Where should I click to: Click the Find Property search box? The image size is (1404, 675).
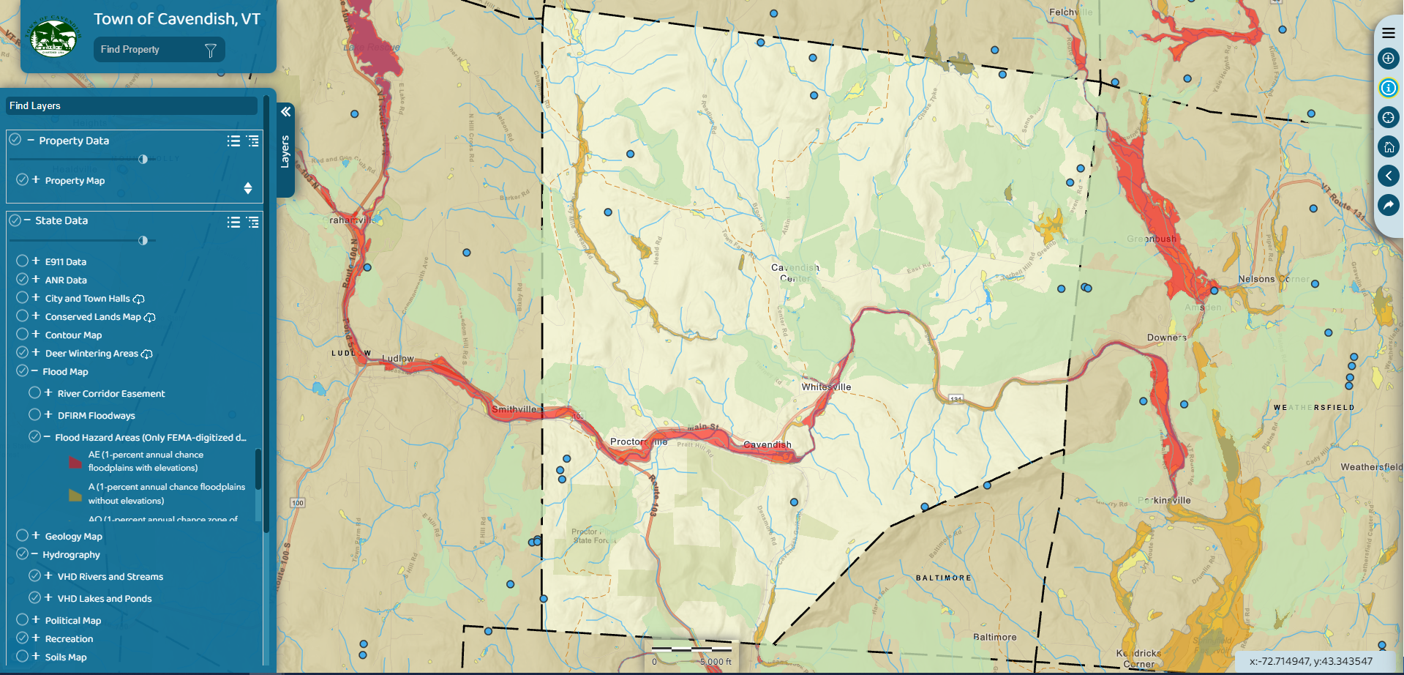click(x=150, y=50)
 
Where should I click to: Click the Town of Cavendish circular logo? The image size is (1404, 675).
click(x=53, y=37)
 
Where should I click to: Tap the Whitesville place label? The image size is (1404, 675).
click(x=826, y=387)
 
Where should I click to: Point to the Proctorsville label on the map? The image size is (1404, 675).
click(x=639, y=442)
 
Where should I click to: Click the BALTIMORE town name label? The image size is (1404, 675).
click(x=943, y=578)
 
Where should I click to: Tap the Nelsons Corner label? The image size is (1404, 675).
click(x=1273, y=280)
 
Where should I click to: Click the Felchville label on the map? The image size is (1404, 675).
click(x=1070, y=12)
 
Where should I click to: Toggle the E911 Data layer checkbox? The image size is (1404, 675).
click(x=23, y=261)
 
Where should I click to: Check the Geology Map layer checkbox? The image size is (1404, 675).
click(x=23, y=536)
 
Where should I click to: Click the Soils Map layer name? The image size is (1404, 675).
click(x=66, y=657)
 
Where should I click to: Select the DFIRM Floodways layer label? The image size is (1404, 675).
click(x=97, y=416)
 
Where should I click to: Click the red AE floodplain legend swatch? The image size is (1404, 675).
click(x=75, y=462)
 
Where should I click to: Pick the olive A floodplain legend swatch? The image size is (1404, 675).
click(x=75, y=495)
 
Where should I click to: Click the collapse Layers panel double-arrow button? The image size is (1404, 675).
click(x=285, y=112)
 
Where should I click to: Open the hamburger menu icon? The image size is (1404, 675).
click(x=1388, y=33)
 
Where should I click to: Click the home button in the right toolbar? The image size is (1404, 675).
click(x=1388, y=146)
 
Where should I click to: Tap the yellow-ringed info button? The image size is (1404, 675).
click(x=1388, y=88)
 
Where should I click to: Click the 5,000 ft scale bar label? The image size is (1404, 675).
click(x=716, y=662)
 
